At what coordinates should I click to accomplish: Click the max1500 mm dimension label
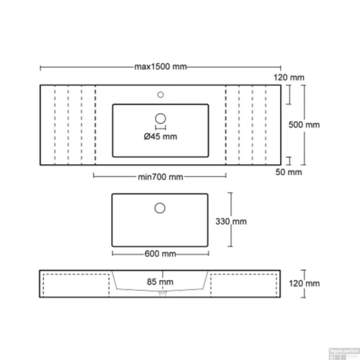[161, 67]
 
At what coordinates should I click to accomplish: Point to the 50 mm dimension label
[290, 173]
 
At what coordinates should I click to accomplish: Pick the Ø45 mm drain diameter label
[158, 137]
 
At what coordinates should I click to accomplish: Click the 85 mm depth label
[161, 282]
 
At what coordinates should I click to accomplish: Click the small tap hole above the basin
[161, 93]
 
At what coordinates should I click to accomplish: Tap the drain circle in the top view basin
[161, 118]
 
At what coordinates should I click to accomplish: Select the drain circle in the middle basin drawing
[161, 208]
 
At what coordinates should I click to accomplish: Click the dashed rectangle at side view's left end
[73, 284]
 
